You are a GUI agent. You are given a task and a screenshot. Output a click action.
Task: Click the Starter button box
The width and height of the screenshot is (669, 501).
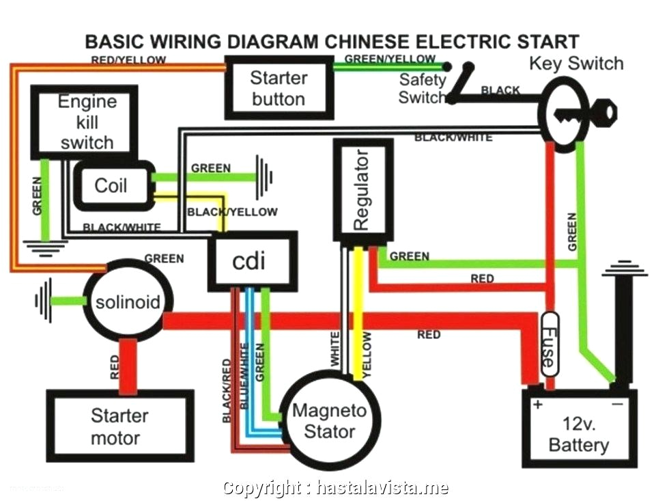coord(279,87)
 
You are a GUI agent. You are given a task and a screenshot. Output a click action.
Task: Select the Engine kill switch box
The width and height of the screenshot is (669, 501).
coord(86,122)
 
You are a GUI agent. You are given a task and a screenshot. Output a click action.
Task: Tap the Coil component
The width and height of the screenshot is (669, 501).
coord(112,185)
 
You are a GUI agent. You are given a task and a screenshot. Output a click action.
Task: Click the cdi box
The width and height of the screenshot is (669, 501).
coord(252,260)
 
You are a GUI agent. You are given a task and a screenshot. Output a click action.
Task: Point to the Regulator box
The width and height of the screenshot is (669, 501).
coord(362,190)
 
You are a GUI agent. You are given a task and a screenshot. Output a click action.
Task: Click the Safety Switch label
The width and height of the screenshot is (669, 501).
coord(423,88)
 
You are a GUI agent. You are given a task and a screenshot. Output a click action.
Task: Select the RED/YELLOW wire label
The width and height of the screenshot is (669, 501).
coord(128,60)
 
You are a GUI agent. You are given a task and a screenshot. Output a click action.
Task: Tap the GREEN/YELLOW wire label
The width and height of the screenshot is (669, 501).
coord(390,59)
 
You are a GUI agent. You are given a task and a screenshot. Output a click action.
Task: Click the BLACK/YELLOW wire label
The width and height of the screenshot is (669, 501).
coord(232,212)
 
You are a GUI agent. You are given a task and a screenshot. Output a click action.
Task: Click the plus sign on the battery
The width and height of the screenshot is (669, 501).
coord(537,405)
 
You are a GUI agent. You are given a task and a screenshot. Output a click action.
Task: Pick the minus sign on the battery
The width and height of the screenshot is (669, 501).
coord(616,405)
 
